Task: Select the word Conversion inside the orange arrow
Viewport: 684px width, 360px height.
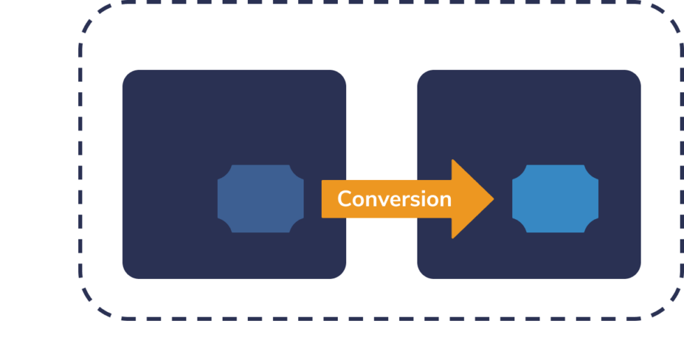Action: tap(394, 199)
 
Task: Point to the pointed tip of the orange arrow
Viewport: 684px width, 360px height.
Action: tap(493, 199)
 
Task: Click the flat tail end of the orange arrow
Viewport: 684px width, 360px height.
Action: tap(323, 199)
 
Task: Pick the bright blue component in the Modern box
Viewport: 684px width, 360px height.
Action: tap(555, 199)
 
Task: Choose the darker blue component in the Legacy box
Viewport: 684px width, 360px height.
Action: tap(260, 199)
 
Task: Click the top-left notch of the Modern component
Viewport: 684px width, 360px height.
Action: tap(516, 170)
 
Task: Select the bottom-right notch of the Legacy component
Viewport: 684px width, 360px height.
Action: tap(299, 228)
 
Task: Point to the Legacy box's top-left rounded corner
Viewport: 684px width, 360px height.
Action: tap(128, 75)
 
